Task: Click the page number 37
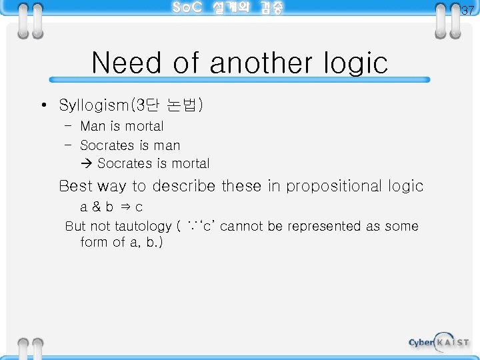(x=468, y=10)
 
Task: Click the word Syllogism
(x=96, y=105)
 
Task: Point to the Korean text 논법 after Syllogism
(x=187, y=105)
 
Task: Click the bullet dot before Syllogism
(x=42, y=105)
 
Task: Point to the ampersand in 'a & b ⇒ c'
(x=97, y=207)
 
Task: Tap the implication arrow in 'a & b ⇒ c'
(x=124, y=207)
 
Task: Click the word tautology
(x=143, y=227)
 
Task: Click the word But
(x=75, y=226)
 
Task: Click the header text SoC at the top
(x=187, y=8)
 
